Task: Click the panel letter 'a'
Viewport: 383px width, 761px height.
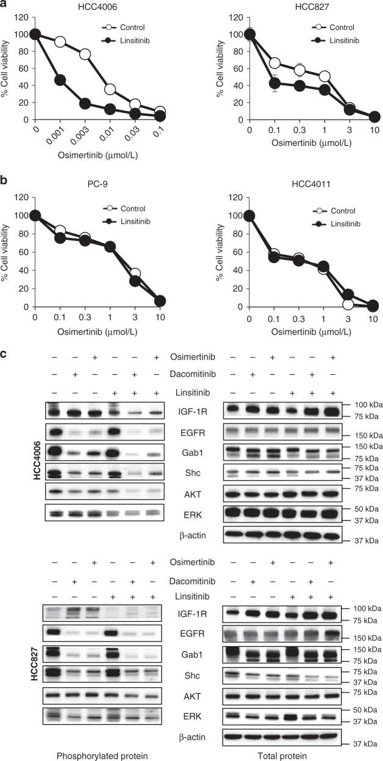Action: coord(5,6)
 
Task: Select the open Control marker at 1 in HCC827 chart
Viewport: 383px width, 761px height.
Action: coord(325,76)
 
